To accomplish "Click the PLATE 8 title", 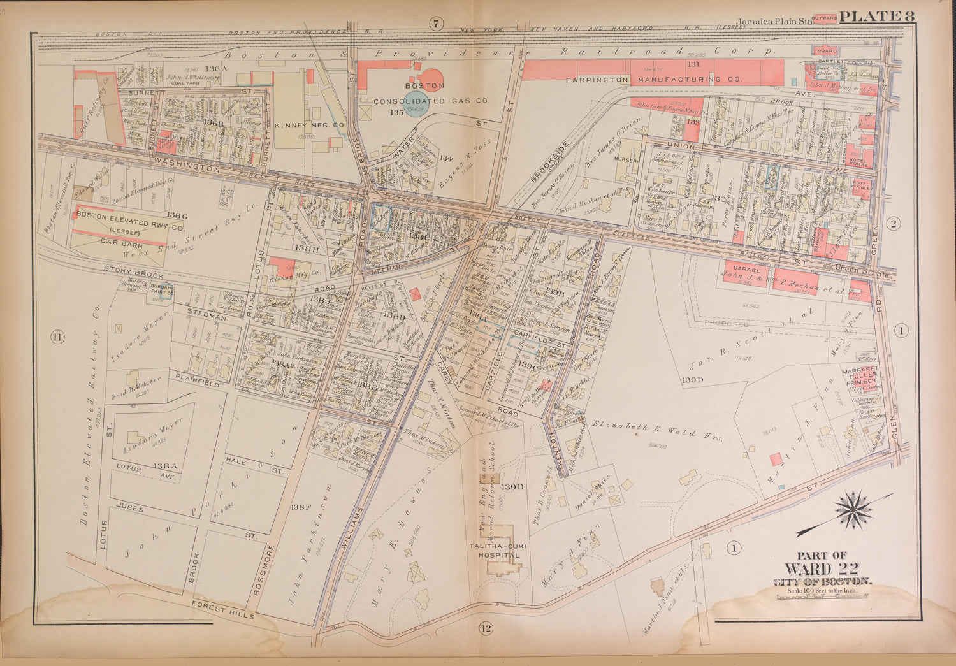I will (x=878, y=17).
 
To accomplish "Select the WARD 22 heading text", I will (x=822, y=568).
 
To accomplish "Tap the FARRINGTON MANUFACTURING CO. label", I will (x=655, y=80).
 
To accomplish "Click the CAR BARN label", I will (x=120, y=242).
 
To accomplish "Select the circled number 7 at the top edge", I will (x=435, y=24).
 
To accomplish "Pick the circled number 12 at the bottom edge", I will (x=486, y=629).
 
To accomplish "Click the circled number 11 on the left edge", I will (x=58, y=337).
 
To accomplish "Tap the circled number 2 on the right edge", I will (x=894, y=223).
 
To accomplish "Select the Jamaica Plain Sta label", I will (x=774, y=20).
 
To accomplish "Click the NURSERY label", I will (x=626, y=161).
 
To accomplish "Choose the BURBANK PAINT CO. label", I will (x=162, y=290).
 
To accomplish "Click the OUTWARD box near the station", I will (x=825, y=18).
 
